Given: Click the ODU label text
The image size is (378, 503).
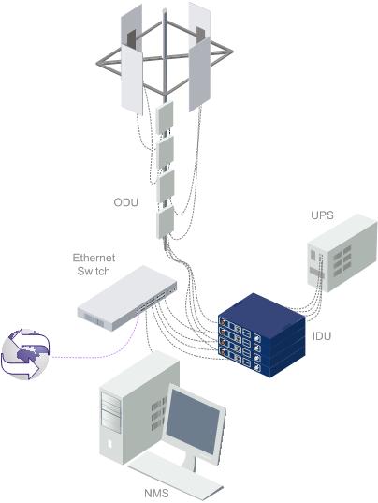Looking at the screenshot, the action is [126, 202].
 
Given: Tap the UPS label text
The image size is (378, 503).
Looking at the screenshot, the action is [322, 215].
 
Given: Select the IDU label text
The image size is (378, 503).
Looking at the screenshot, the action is [321, 336].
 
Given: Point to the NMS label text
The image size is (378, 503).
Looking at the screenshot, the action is [156, 493].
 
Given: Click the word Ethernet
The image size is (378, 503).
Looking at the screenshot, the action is [94, 258].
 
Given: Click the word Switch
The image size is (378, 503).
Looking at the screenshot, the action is [94, 271].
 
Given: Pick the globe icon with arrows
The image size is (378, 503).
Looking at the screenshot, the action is [25, 354].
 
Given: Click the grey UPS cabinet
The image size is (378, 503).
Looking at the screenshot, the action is [342, 253].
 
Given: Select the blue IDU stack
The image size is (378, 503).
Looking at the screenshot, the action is [261, 335].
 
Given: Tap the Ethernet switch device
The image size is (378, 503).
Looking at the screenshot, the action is [127, 298].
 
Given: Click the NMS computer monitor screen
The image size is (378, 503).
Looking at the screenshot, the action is [193, 422].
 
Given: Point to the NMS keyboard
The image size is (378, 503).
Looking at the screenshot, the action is [175, 477].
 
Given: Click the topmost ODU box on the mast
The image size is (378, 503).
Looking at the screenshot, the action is [165, 118].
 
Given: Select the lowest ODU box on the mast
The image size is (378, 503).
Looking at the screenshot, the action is [165, 222].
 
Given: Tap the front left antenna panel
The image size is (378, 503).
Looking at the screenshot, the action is [132, 80].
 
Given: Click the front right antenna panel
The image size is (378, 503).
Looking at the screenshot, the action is [199, 74].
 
